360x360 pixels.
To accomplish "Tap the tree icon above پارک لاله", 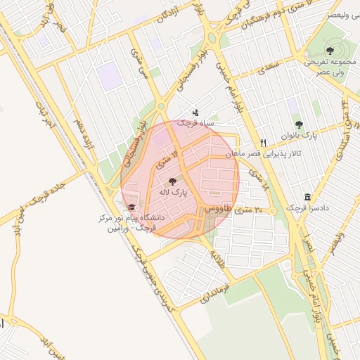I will tap(173, 182).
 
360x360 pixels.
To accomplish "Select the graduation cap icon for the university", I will tap(131, 207).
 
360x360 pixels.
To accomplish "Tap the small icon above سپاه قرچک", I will tap(195, 112).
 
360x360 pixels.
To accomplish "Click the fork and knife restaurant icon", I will tap(263, 142).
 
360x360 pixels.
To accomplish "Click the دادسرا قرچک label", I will tap(307, 209).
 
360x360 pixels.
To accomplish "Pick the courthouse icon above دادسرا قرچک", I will tap(307, 198).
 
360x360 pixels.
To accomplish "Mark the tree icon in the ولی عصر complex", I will tap(330, 50).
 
